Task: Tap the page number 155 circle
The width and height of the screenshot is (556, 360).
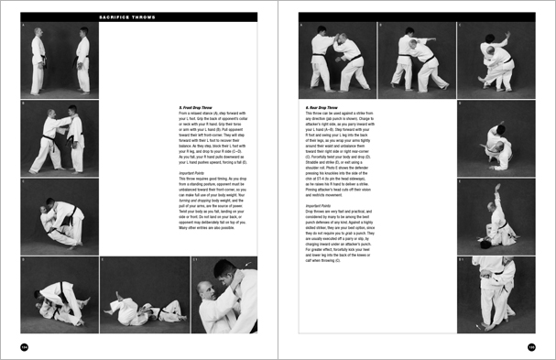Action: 531,346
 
